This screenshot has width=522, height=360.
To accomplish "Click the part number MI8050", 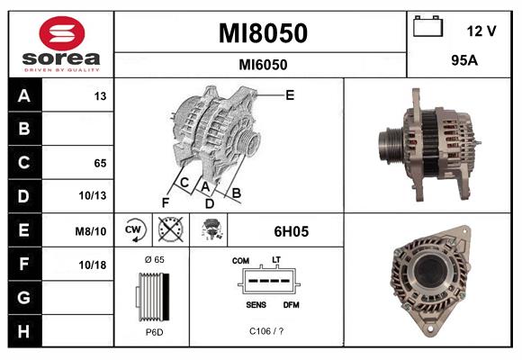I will (x=263, y=33).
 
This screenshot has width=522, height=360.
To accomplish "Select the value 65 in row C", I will (x=100, y=164).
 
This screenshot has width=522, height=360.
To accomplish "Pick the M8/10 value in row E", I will (x=93, y=231).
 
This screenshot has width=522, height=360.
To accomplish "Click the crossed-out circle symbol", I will (x=169, y=231).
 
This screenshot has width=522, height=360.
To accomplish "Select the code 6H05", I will (x=291, y=231).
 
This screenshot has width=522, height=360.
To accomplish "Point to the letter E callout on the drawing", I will (x=289, y=94).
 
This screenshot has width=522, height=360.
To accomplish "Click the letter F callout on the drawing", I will (x=165, y=202).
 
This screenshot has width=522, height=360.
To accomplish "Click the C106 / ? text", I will (x=267, y=331).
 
